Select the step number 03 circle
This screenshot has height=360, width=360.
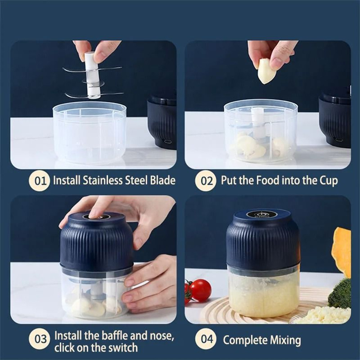[39, 339]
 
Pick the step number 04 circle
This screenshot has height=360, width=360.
[206, 339]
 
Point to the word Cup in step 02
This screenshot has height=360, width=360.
[328, 180]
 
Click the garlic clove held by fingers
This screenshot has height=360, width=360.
[266, 72]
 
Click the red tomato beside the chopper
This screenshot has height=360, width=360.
[201, 290]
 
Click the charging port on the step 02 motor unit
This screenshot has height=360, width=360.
[338, 140]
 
